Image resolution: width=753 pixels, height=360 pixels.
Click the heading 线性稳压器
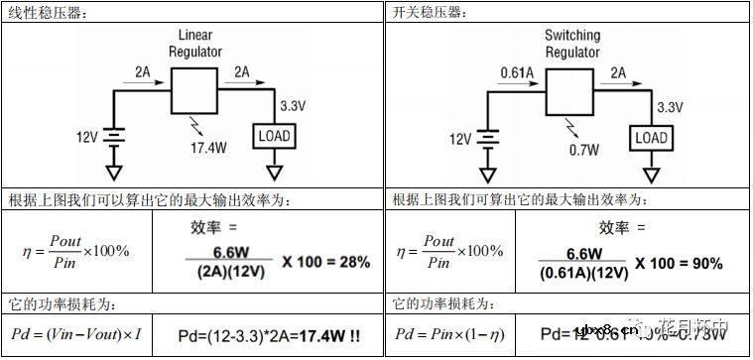point(46,13)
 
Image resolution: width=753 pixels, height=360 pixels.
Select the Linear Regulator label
point(190,44)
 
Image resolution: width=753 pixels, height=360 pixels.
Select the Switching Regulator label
point(572,44)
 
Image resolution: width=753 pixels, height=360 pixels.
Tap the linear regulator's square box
point(193,92)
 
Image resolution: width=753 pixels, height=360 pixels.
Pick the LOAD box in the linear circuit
point(276,137)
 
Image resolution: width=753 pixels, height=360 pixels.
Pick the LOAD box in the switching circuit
point(651,137)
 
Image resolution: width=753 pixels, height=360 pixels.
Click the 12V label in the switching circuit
point(461,138)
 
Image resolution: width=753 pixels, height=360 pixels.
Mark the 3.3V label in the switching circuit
point(672,106)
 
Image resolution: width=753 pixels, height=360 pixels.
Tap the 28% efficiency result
point(351,262)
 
